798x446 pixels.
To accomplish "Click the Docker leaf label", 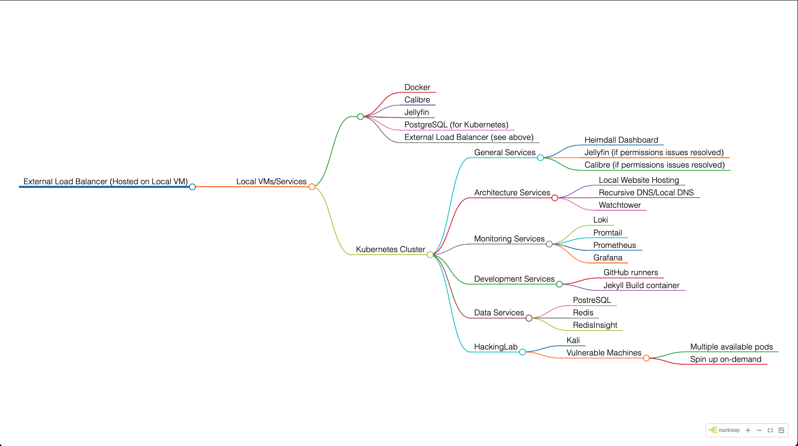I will click(417, 87).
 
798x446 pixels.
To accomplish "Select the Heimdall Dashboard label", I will click(621, 140).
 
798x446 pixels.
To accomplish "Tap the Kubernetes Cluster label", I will click(390, 249).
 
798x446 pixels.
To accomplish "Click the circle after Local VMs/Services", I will click(312, 187).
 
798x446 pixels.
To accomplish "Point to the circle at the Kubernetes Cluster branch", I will click(430, 254).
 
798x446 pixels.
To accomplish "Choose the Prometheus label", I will click(614, 245).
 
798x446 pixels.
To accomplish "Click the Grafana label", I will click(608, 258).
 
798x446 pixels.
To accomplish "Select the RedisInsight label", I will click(595, 325).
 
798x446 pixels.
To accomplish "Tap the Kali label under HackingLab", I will click(573, 340).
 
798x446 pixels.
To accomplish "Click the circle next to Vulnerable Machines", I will click(646, 358).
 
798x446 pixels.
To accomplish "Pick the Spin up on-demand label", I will click(725, 359).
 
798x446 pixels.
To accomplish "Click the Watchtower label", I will click(620, 205).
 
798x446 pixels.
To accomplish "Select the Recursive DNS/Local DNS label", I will click(646, 193).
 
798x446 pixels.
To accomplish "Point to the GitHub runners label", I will click(630, 272).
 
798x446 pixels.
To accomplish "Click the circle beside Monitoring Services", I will click(549, 244).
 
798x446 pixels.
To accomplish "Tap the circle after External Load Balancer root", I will click(193, 187).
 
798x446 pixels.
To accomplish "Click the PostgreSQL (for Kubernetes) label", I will click(456, 125).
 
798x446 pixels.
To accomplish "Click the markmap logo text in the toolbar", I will click(729, 430).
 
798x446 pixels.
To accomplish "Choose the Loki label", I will click(600, 220).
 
